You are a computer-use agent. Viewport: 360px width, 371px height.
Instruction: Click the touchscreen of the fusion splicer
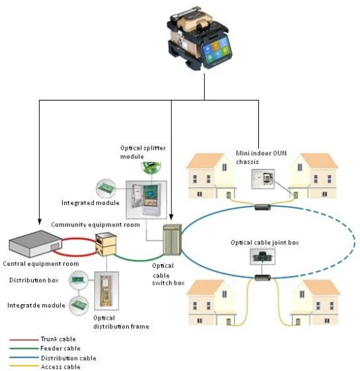216,51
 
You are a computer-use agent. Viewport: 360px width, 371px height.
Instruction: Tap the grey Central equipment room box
36,244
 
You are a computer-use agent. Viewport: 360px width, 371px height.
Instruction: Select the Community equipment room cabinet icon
106,244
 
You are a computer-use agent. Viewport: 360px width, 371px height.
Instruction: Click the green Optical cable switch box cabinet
172,239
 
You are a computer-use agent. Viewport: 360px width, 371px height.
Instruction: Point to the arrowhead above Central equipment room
40,221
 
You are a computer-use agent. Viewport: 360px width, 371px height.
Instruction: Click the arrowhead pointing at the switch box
171,217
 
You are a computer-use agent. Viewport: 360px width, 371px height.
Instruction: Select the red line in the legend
24,339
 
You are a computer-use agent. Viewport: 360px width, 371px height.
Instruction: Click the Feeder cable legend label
60,348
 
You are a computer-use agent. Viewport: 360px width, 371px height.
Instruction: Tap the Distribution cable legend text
69,358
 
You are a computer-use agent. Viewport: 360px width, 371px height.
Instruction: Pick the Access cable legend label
61,367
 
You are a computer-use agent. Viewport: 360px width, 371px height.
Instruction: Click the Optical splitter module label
143,152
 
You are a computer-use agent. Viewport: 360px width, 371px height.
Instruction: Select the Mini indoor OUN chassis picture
263,179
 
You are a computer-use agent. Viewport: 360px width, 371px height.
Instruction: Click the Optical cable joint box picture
262,256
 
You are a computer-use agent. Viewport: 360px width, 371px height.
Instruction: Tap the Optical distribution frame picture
107,291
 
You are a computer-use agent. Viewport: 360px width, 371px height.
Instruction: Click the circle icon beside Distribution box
79,280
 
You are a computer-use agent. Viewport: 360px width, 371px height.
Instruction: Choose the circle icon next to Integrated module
106,188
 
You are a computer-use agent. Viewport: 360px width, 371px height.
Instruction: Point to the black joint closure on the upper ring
262,207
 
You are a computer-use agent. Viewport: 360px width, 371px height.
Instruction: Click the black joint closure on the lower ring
262,277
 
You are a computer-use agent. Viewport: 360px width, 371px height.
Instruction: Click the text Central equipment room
41,264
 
